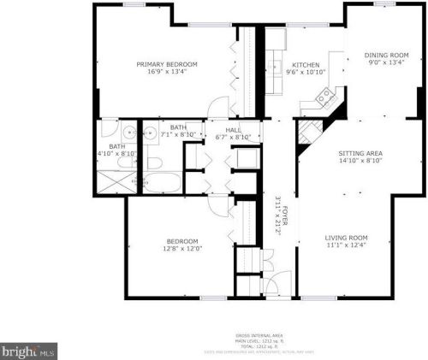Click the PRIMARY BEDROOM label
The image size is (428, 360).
(x=168, y=64)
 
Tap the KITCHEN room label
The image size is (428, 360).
(x=306, y=65)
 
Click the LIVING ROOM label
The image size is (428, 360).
(x=346, y=238)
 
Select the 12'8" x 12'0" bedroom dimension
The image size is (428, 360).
(x=183, y=249)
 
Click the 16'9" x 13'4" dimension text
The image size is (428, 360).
(x=168, y=72)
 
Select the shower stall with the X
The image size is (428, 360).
(x=114, y=181)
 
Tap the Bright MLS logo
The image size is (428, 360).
(x=28, y=351)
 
